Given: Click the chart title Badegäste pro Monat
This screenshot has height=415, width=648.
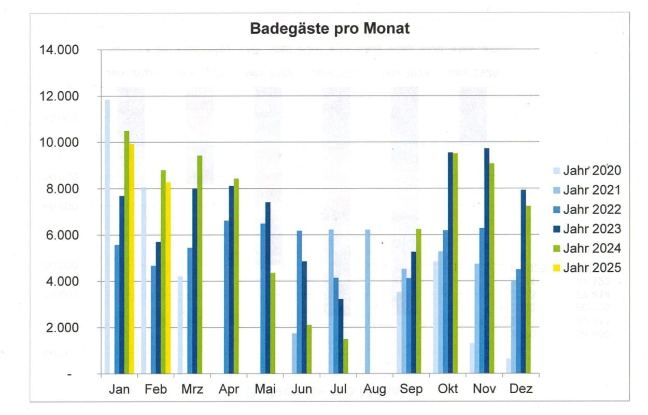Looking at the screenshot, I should (330, 29).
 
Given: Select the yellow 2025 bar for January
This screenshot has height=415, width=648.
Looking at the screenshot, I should (132, 259).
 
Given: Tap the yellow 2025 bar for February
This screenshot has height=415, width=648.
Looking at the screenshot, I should (168, 278).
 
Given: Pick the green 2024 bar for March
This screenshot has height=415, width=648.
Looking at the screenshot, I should (200, 265).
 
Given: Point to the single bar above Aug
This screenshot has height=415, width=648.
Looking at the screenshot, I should (368, 301).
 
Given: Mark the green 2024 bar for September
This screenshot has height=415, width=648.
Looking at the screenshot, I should (418, 301).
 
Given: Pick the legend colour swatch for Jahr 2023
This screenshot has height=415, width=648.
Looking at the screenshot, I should (556, 229).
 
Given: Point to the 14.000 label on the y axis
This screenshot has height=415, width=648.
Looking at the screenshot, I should (60, 50).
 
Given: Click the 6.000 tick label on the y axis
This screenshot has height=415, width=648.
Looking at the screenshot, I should (63, 235).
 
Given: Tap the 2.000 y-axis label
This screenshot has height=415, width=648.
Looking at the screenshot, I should (63, 328).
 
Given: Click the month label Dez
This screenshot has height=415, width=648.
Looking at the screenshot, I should (520, 389).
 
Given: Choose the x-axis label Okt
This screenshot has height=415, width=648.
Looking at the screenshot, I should (448, 389).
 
